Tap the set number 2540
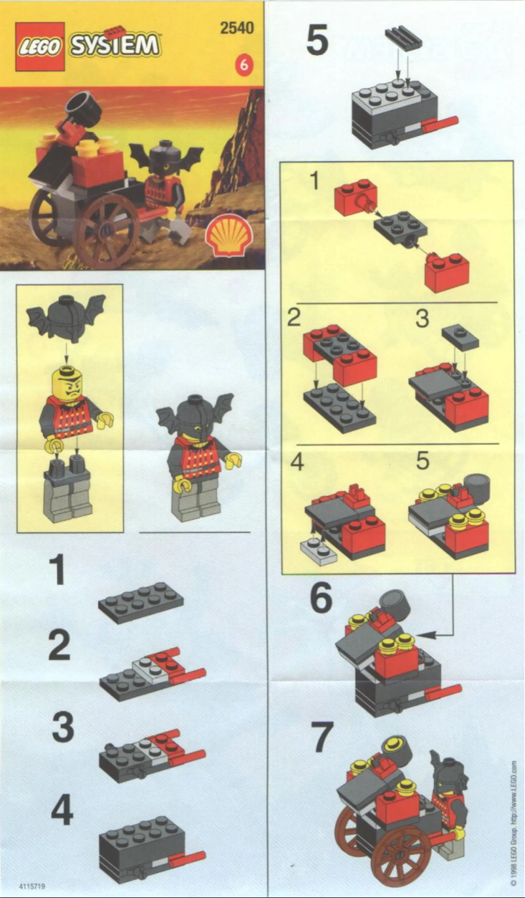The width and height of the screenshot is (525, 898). [x=237, y=28]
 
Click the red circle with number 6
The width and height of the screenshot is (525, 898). [x=244, y=65]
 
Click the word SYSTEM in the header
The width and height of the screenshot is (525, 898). [x=115, y=46]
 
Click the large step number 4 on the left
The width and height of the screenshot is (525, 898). [x=62, y=812]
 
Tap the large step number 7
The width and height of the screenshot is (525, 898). [x=323, y=738]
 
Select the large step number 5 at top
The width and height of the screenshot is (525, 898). [x=317, y=41]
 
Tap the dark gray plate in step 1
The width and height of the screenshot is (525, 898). [x=141, y=600]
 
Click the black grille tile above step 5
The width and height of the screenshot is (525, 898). [x=403, y=39]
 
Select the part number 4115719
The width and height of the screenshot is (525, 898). [x=33, y=887]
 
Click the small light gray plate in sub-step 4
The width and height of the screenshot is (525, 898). [x=318, y=552]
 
